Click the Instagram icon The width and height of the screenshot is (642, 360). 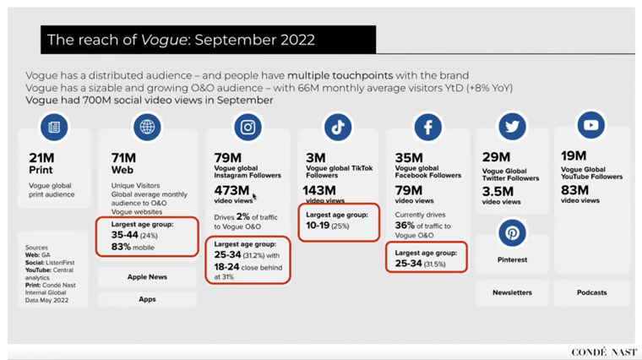[248, 127]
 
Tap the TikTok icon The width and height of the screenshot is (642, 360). [338, 127]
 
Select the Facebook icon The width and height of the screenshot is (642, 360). [428, 127]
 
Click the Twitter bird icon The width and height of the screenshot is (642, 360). [512, 127]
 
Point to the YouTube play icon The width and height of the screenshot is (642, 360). [590, 125]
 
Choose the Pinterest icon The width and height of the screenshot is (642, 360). [512, 232]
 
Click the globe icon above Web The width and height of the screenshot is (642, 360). [147, 127]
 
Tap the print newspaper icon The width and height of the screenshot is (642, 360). [54, 127]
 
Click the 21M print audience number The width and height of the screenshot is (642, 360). [41, 158]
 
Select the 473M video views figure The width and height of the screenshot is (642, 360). [231, 190]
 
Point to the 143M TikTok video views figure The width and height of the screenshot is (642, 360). [319, 190]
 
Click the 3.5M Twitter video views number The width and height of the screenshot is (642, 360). [498, 191]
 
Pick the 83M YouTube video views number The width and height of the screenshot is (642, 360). [575, 190]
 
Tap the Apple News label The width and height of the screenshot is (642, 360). [147, 277]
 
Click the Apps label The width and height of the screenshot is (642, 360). [147, 299]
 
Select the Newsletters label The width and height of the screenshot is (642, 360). [512, 292]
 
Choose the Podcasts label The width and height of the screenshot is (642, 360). [591, 292]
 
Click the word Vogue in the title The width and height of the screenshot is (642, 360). [164, 40]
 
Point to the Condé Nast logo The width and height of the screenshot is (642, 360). [604, 352]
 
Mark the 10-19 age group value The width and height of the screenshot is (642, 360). [318, 226]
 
